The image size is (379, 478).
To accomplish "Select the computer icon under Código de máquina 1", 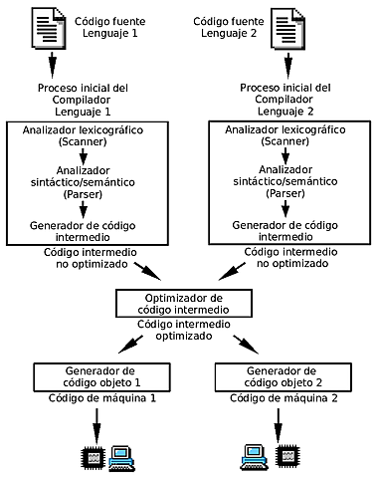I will tap(123, 457).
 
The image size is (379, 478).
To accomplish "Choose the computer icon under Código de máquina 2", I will tap(254, 457).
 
